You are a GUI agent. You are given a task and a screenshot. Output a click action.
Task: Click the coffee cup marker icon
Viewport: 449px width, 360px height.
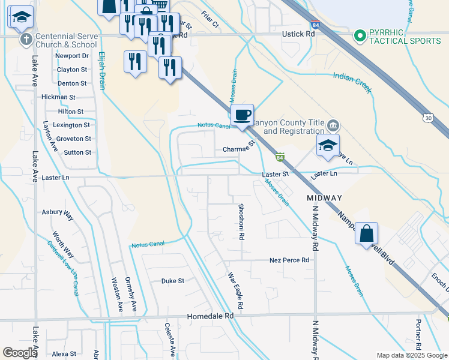[242, 115]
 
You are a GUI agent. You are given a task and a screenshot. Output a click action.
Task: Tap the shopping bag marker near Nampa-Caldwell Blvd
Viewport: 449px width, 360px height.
[366, 233]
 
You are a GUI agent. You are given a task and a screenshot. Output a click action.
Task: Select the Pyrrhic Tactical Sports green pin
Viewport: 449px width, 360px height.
[360, 36]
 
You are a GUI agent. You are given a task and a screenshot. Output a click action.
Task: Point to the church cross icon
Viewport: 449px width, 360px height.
[26, 40]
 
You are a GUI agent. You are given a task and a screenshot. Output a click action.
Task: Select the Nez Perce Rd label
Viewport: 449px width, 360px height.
[289, 260]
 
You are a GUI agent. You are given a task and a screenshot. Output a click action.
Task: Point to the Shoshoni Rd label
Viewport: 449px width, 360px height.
[241, 221]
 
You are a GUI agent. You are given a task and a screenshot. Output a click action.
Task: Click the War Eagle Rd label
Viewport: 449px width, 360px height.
[235, 290]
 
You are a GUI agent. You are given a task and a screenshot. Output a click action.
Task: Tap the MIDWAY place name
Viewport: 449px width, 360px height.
[324, 198]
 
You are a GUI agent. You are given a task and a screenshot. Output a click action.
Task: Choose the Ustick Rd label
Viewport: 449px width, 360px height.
[298, 34]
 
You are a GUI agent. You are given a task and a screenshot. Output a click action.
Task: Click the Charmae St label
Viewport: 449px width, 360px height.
[239, 149]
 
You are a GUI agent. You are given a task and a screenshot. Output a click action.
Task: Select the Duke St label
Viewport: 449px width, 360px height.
[172, 281]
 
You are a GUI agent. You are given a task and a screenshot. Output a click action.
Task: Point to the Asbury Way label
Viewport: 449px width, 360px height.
[57, 212]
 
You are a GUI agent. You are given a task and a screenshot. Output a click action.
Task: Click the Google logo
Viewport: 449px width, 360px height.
[20, 353]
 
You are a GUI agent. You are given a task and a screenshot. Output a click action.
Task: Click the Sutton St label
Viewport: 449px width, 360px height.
[77, 152]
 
